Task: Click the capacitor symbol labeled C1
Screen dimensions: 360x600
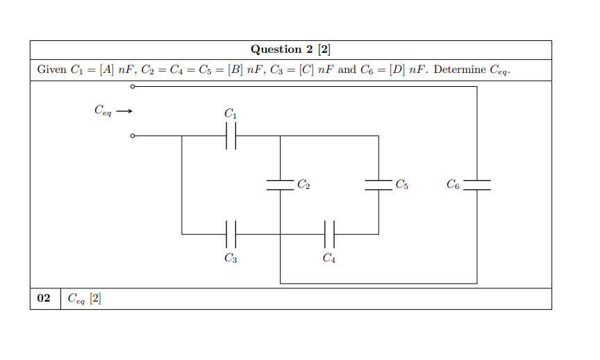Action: pos(231,136)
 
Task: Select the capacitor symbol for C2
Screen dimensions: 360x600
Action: pos(280,185)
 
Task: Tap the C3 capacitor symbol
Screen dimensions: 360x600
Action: pos(231,234)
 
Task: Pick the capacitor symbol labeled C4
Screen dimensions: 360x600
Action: pos(330,234)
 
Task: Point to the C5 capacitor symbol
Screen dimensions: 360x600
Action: pos(378,185)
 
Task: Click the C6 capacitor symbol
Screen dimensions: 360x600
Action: pos(476,185)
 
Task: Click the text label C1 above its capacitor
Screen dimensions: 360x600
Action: pos(231,113)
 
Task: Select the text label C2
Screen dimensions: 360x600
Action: pos(303,185)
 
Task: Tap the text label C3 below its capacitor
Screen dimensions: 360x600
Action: pos(231,259)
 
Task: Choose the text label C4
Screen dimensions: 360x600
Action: pos(330,259)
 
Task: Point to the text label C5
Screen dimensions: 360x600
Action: pos(401,185)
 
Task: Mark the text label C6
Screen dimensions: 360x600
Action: pos(453,185)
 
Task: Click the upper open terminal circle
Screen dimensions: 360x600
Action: pos(132,87)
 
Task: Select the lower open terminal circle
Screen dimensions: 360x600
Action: pos(132,136)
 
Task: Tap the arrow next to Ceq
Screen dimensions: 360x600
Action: pos(124,111)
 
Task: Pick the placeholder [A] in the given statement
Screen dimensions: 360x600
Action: pos(107,70)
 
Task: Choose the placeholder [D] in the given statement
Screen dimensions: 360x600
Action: pos(397,70)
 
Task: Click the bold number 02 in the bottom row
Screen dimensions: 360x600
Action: pos(44,298)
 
